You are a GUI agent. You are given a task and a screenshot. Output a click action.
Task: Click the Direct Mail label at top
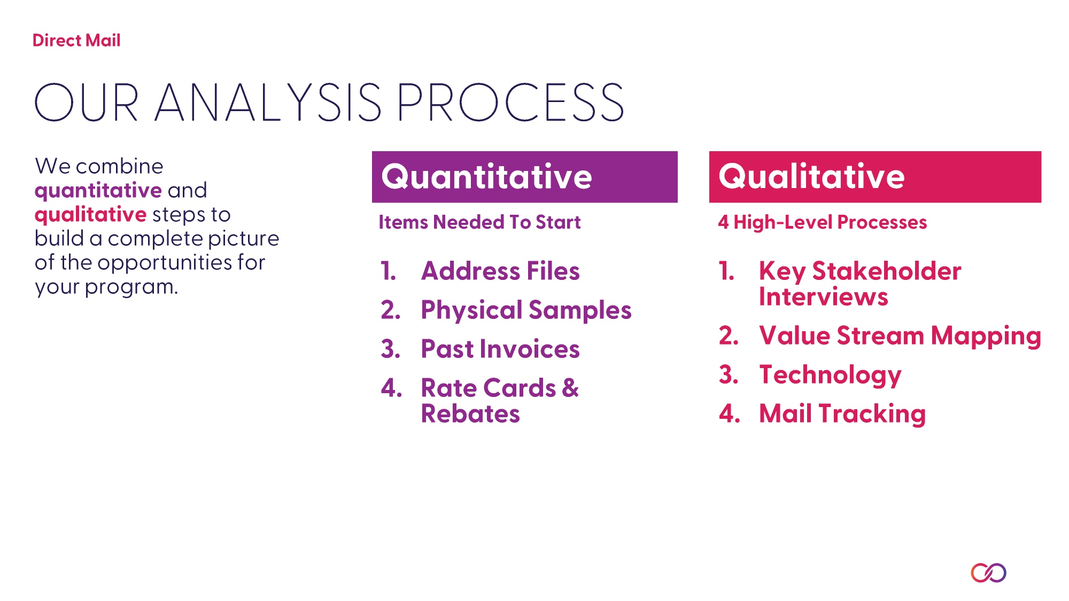click(76, 41)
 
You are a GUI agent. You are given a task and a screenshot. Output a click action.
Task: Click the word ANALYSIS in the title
click(268, 102)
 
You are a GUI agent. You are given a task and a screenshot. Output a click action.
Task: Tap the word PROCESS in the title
click(510, 102)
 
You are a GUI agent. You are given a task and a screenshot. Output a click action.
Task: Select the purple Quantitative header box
click(525, 177)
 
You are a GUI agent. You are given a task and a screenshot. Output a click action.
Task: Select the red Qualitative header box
click(875, 177)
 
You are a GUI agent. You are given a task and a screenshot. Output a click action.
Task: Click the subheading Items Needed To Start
click(479, 222)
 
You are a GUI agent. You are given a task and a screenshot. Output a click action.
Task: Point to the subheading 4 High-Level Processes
click(823, 222)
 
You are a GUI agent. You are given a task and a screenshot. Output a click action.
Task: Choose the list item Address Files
click(500, 271)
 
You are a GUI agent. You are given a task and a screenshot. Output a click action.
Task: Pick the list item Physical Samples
click(526, 310)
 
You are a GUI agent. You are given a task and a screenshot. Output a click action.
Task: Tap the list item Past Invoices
click(500, 349)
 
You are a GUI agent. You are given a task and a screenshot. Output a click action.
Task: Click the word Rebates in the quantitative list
click(470, 413)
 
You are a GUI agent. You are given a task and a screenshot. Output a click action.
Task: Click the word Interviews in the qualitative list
click(824, 296)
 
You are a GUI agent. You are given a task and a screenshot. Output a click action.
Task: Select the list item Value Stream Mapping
click(900, 336)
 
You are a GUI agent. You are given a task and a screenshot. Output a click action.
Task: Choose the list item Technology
click(830, 375)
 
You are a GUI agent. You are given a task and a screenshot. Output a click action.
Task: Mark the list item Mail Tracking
click(842, 414)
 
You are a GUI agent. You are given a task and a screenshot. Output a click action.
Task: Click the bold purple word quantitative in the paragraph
click(98, 191)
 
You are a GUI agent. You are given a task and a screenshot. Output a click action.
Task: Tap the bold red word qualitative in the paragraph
click(90, 215)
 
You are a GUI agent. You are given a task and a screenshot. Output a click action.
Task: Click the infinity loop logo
click(988, 573)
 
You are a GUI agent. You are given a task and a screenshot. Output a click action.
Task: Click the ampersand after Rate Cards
click(570, 388)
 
